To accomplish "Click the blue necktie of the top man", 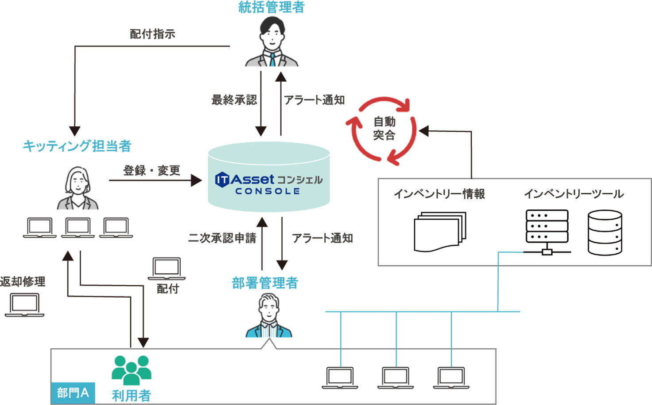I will click(272, 64).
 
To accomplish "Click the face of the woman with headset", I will click(78, 182).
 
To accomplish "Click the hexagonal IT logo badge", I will click(221, 180).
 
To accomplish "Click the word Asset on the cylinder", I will click(252, 179).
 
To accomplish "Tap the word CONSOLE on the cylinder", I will click(268, 191).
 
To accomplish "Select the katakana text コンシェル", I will click(299, 180).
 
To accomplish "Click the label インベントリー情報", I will click(439, 194).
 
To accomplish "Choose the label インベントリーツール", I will click(574, 194).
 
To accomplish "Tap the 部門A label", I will click(73, 393).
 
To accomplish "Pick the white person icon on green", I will click(130, 371).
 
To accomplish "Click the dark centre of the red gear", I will click(384, 130).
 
